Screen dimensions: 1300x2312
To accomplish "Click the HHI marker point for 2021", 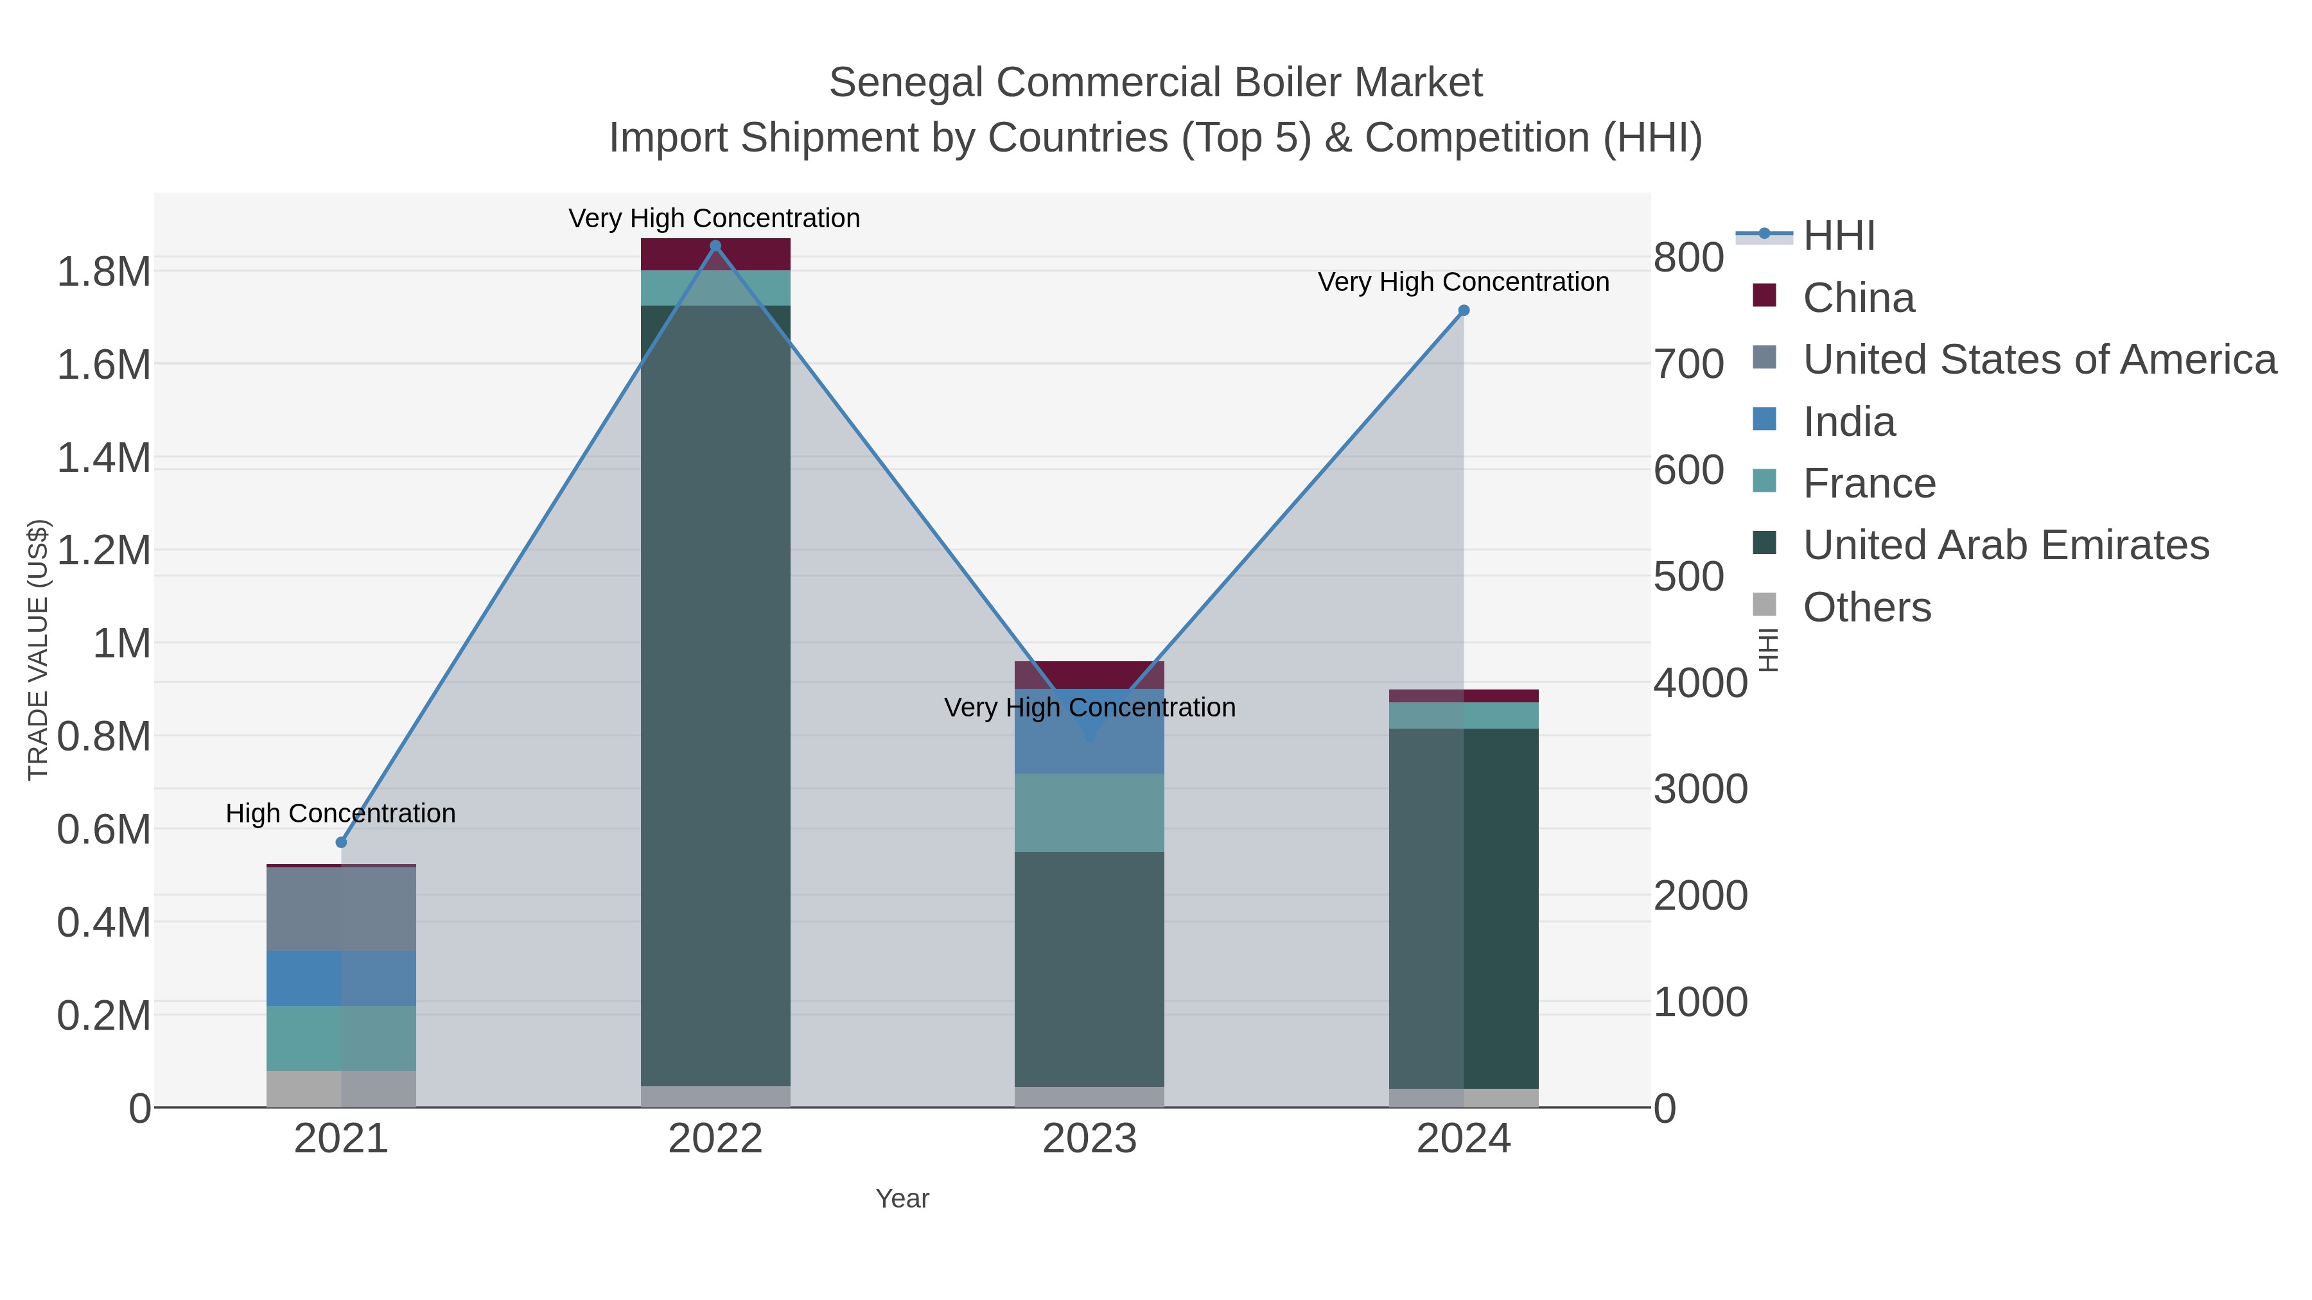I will (x=341, y=842).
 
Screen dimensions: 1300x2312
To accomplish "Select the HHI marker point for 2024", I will (x=1464, y=311).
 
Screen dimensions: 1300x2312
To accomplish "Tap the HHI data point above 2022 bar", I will (x=715, y=246).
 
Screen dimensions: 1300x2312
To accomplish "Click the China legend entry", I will (x=1858, y=298).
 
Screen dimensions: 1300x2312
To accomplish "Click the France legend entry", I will (x=1869, y=483).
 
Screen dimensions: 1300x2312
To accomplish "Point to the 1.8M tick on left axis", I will (x=104, y=272).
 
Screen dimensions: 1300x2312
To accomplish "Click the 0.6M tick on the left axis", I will (x=104, y=830).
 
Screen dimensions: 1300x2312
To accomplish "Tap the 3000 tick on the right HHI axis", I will (x=1700, y=790).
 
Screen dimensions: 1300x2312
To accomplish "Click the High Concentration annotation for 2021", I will (x=340, y=814).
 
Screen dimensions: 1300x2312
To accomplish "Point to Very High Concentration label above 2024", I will (x=1463, y=282).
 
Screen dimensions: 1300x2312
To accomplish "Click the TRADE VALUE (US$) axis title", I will (x=38, y=650).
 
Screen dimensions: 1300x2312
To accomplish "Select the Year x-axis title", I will (x=902, y=1199).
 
